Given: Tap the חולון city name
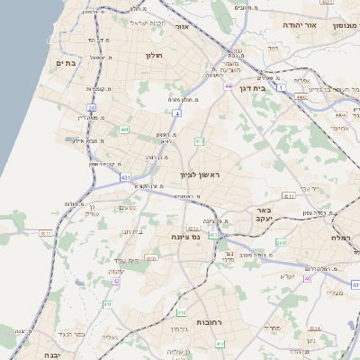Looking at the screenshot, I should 152,55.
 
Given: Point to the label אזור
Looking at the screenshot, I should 181,27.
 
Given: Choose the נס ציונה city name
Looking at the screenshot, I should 209,237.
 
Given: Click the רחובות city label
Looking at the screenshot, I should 214,322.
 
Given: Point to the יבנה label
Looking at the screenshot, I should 19,352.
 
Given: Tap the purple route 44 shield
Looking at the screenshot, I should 229,86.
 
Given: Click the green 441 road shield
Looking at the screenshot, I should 123,130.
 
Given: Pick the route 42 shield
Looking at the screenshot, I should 116,281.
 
